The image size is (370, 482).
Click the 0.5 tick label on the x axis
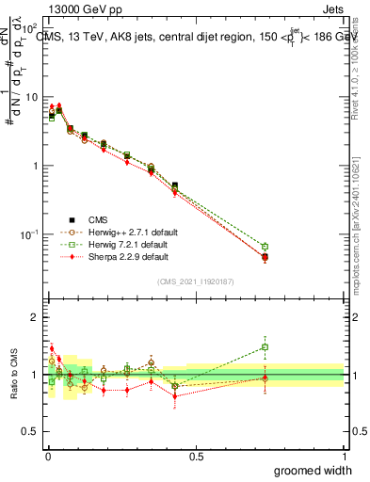click(x=195, y=456)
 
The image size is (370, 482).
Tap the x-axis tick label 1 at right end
click(x=344, y=456)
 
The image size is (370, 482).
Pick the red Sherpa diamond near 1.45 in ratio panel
click(x=52, y=348)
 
